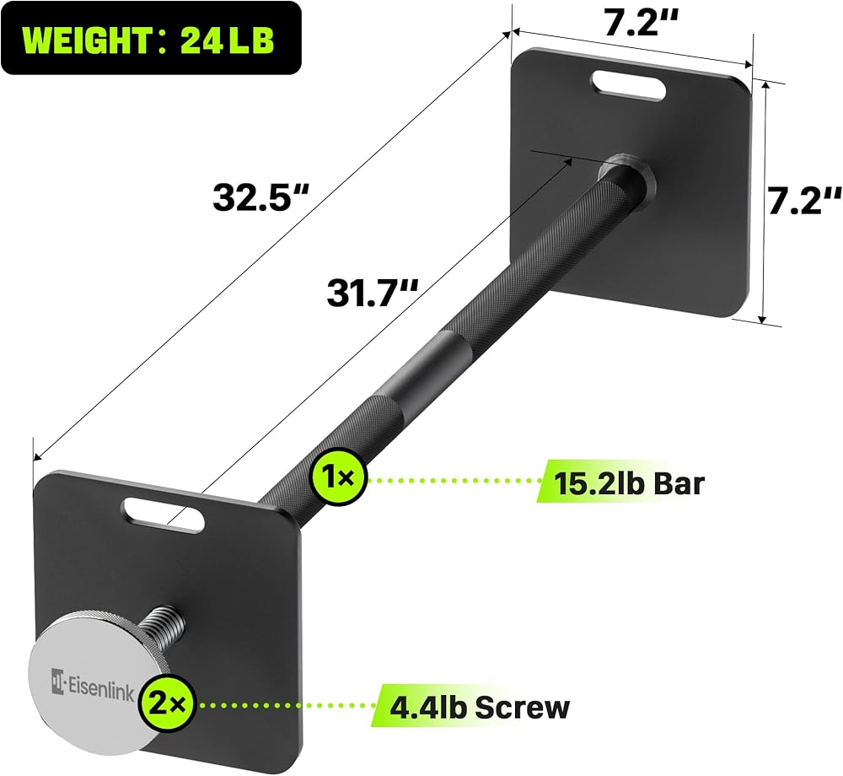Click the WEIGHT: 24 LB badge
point(151,38)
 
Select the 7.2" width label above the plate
point(641,22)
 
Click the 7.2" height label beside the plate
point(803,201)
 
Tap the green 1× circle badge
point(339,477)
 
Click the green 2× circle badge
point(166,704)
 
